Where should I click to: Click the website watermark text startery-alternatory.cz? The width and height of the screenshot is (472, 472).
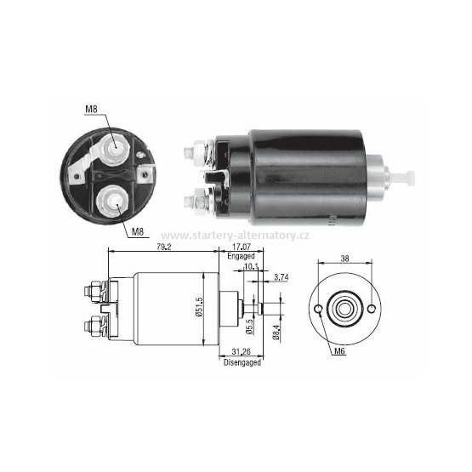(x=236, y=236)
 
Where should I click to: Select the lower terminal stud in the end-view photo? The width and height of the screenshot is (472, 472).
(x=111, y=201)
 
